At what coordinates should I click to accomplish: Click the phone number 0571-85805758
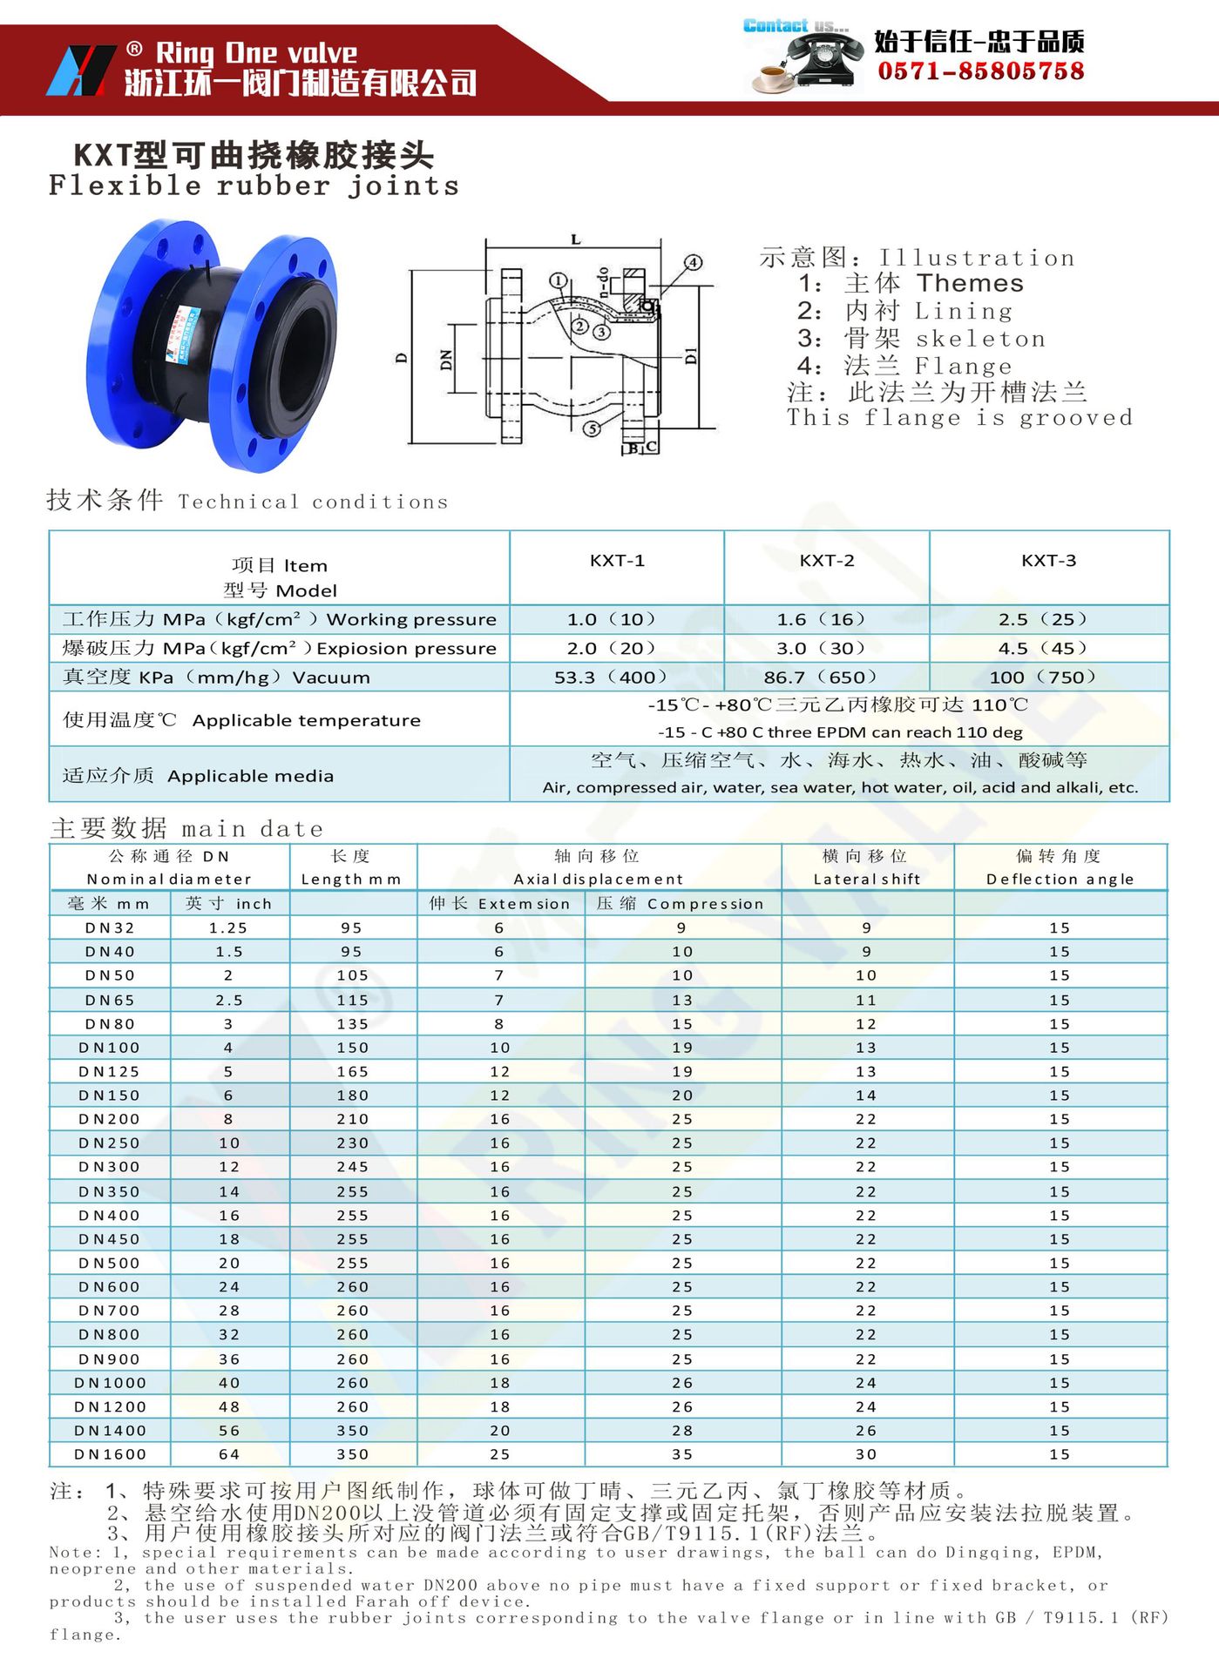[x=980, y=71]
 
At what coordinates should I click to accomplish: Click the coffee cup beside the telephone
[x=772, y=79]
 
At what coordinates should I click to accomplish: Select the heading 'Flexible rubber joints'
[x=254, y=185]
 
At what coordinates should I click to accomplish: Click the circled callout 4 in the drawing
[x=693, y=262]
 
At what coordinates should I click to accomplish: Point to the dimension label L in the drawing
[x=575, y=239]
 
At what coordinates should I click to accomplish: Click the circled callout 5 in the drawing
[x=593, y=428]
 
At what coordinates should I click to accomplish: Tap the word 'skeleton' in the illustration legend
[x=980, y=339]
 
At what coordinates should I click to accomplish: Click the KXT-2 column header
[x=826, y=561]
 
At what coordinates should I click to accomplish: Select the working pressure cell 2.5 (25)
[x=1048, y=619]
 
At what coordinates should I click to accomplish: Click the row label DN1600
[x=111, y=1454]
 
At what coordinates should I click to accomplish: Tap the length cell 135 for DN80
[x=353, y=1024]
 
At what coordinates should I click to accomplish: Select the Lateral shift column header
[x=867, y=868]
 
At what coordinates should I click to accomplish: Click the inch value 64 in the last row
[x=229, y=1454]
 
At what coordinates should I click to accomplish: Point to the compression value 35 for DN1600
[x=682, y=1454]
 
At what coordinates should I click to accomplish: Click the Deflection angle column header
[x=1060, y=868]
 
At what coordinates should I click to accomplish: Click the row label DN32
[x=111, y=928]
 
